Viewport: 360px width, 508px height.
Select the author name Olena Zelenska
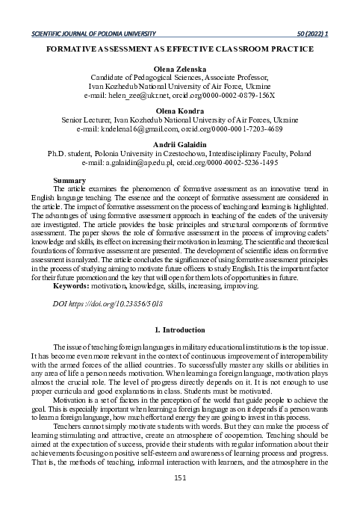[179, 67]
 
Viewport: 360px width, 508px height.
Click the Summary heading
[72, 180]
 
